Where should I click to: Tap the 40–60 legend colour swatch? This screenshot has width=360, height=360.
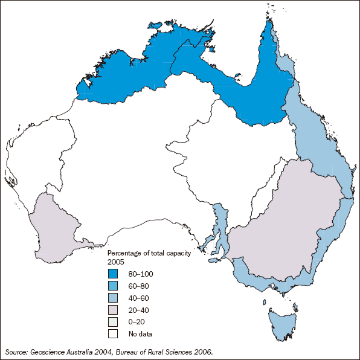(x=113, y=297)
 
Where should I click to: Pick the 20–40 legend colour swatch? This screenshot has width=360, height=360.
(x=113, y=309)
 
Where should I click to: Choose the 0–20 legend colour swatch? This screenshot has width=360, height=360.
(x=113, y=321)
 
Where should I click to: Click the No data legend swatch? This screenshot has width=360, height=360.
(x=113, y=333)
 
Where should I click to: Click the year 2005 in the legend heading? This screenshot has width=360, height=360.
(x=115, y=261)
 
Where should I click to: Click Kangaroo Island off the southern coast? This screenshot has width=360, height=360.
(x=214, y=260)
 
